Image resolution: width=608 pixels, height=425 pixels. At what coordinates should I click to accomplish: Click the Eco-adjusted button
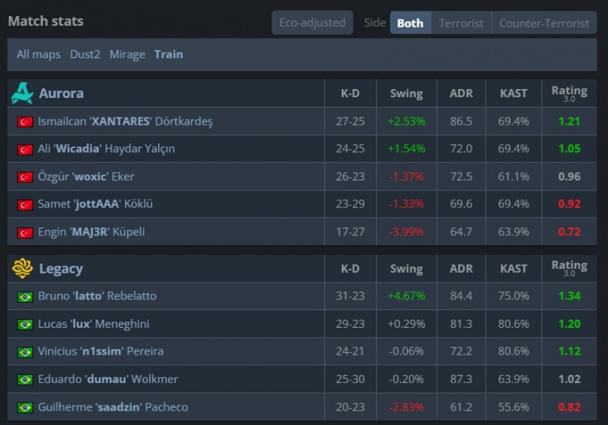coord(312,23)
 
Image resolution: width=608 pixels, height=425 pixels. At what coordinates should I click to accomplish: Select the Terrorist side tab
coord(461,23)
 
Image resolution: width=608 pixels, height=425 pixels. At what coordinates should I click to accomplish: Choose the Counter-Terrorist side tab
coord(544,23)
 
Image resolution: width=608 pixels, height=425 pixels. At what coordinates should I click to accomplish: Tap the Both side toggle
coord(410,23)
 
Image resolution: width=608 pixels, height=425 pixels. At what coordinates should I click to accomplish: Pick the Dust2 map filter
coord(86,54)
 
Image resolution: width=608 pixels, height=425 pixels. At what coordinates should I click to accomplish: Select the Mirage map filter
coord(127,54)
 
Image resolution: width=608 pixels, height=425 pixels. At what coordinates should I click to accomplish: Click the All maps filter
coord(39,54)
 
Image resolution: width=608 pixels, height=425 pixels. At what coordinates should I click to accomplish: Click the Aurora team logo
coord(22,93)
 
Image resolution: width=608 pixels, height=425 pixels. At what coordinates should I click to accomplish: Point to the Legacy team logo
coord(22,268)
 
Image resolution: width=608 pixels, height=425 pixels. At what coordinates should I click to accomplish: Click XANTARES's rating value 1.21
coord(569,121)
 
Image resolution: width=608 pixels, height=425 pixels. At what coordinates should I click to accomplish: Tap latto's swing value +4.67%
coord(406,296)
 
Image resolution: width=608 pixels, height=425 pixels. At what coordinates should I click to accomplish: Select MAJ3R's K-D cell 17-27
coord(350,232)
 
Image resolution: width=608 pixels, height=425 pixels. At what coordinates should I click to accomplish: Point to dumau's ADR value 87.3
coord(460,379)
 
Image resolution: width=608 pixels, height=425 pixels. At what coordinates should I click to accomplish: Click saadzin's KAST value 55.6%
coord(514,407)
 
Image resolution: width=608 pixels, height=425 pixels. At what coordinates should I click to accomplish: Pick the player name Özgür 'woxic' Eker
coord(86,176)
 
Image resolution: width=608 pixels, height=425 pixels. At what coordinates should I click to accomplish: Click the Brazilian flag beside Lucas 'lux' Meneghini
coord(24,325)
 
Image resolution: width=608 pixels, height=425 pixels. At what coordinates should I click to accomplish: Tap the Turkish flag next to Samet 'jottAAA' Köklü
coord(24,205)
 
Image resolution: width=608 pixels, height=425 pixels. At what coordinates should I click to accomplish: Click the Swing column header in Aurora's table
coord(406,93)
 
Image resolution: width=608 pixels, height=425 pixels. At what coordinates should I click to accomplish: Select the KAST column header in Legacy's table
coord(514,268)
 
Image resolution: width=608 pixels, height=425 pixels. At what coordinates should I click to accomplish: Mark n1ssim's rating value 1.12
coord(569,351)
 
